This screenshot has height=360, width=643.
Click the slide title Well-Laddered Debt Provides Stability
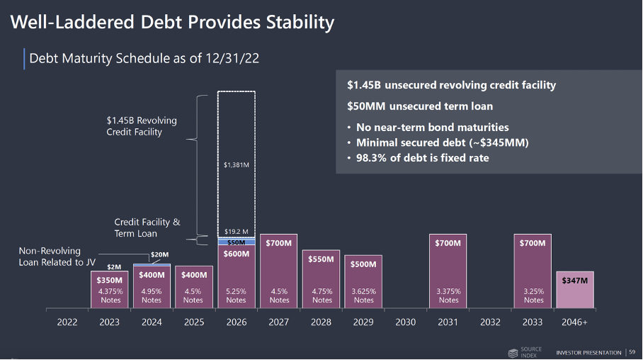pyautogui.click(x=172, y=22)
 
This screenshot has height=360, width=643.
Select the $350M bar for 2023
pyautogui.click(x=110, y=291)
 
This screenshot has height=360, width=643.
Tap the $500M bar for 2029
pyautogui.click(x=363, y=281)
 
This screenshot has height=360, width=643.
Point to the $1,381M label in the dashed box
pyautogui.click(x=236, y=165)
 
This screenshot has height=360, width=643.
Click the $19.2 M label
pyautogui.click(x=236, y=231)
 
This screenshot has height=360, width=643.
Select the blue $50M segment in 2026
pyautogui.click(x=236, y=242)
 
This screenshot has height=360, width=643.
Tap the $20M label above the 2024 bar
pyautogui.click(x=160, y=254)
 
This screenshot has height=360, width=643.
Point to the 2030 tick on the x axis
pyautogui.click(x=405, y=322)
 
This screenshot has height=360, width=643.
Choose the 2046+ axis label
pyautogui.click(x=574, y=322)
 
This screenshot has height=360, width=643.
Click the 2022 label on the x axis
pyautogui.click(x=67, y=322)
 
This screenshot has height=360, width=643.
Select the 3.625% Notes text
pyautogui.click(x=363, y=296)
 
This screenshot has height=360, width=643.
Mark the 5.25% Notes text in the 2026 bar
pyautogui.click(x=236, y=296)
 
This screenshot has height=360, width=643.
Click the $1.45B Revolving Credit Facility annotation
pyautogui.click(x=142, y=126)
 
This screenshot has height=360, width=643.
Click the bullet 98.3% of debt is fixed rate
pyautogui.click(x=422, y=158)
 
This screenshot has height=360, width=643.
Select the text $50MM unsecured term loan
pyautogui.click(x=419, y=106)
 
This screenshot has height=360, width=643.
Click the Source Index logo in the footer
pyautogui.click(x=524, y=352)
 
